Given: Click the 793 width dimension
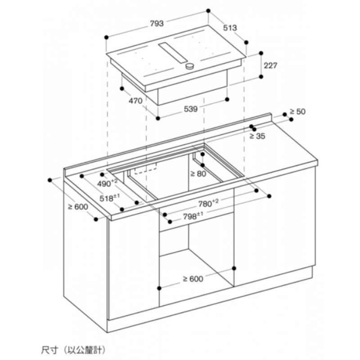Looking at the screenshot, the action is pos(157,23).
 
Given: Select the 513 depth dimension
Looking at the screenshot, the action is pos(230,28).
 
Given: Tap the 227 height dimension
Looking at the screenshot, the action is pos(270,66).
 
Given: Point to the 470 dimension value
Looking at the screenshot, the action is pos(135,100).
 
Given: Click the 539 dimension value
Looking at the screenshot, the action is pos(190,109).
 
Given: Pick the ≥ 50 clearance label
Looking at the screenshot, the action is pos(297,112).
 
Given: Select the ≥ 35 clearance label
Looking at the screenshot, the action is pos(257,136).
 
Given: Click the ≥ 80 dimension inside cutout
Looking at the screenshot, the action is pos(198,174).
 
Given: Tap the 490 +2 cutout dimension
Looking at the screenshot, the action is pos(107,183).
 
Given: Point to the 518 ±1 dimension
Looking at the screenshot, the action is pos(109,198).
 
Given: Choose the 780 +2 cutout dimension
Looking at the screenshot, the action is pos(208,203).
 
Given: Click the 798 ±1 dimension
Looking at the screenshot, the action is pos(193,216).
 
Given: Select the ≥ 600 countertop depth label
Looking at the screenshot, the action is pos(78,207).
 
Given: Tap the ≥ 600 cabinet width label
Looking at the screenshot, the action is pos(193,279).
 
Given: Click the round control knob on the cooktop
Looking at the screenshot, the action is pos(189,66).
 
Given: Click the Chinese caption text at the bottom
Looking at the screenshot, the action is pos(73,350).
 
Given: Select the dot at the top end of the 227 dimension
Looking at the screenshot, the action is pos(261,53).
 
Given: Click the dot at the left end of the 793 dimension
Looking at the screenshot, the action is pos(106,37).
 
